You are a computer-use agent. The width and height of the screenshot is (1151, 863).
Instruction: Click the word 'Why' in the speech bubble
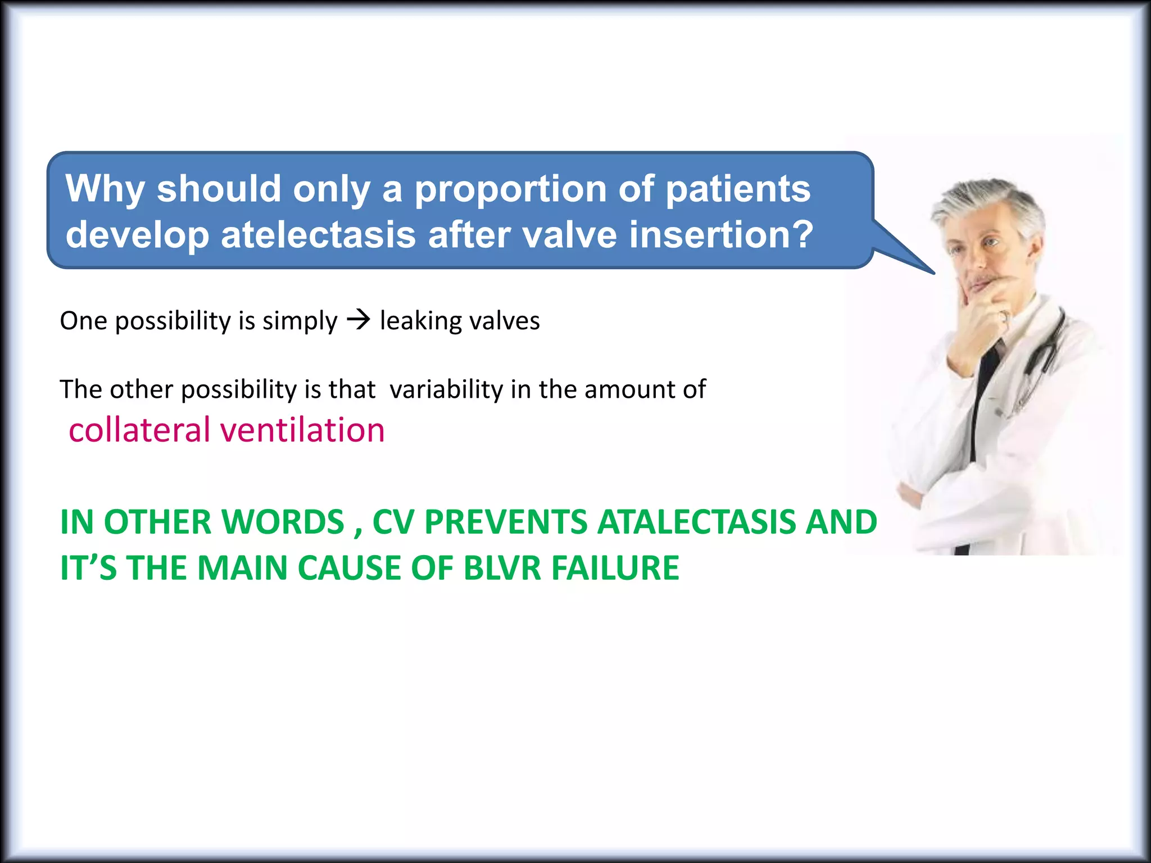105,189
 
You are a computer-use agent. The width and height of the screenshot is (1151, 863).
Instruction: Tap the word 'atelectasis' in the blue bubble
318,234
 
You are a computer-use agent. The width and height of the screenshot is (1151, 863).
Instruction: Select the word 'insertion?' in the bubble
721,234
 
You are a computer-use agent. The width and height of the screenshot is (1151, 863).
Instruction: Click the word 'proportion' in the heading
510,189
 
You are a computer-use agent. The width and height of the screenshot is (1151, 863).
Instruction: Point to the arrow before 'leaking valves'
359,320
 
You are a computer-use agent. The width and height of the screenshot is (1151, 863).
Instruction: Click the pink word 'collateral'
139,430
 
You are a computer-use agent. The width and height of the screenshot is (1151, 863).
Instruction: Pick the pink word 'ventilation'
302,430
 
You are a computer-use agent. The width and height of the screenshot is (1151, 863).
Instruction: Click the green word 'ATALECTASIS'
696,522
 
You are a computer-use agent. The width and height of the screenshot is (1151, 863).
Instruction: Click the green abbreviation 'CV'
393,522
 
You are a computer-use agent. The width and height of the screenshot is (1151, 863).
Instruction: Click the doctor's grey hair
989,202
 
